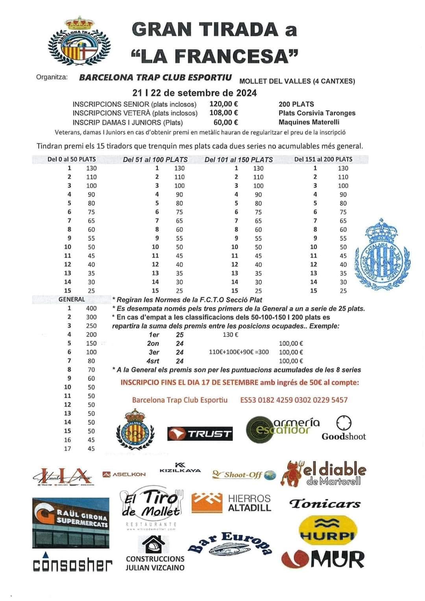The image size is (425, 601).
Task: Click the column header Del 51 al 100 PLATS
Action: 155,160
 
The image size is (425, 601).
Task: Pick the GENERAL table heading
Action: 72,299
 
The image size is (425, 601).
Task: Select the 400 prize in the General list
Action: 91,308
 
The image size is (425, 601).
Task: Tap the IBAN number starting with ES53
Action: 294,400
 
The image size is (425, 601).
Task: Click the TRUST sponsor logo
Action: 200,434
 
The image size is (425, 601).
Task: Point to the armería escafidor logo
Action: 283,429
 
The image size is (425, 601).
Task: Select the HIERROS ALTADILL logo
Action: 231,503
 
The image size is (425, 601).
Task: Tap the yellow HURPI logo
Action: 328,530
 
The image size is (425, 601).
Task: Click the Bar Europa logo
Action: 231,544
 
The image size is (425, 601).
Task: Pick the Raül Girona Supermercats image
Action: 71,523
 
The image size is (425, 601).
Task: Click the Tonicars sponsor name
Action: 325,504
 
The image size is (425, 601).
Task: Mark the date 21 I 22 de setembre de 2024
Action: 194,93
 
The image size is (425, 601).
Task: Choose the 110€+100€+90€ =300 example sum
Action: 239,352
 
